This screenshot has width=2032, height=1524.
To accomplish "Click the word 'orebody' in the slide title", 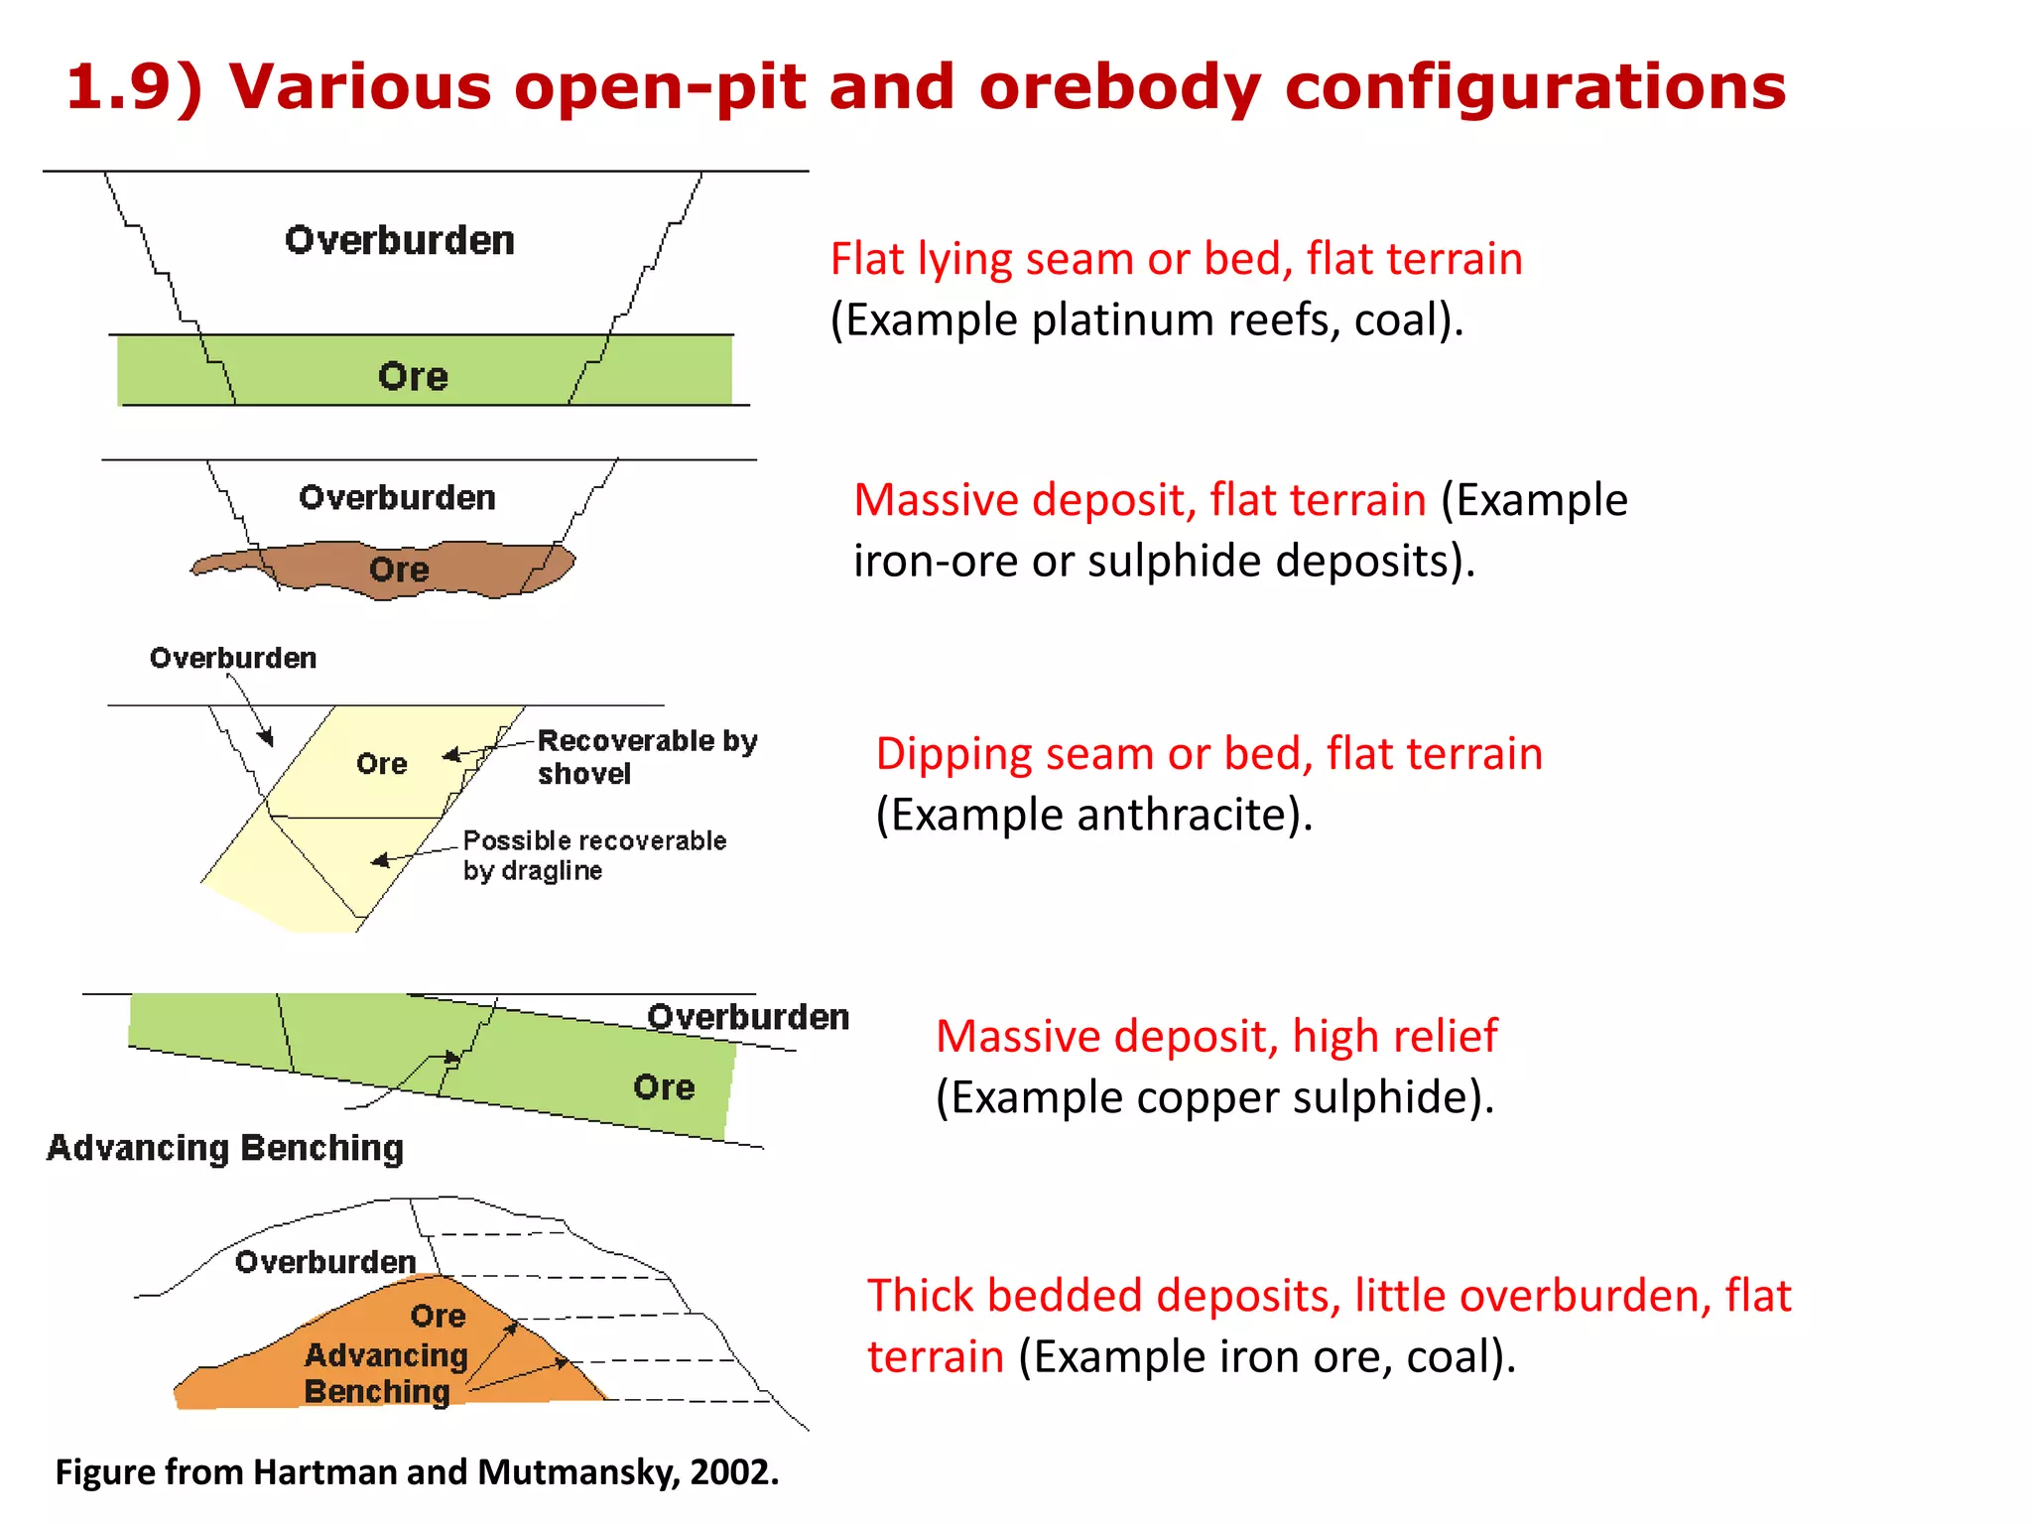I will [1119, 87].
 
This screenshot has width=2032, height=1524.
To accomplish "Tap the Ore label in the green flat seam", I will [413, 377].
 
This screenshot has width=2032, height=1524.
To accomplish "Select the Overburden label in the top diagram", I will [400, 241].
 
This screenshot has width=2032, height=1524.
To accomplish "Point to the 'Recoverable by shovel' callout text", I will [647, 757].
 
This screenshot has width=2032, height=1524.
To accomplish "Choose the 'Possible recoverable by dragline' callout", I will [593, 855].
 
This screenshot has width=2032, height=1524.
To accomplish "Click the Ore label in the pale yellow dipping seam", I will [382, 764].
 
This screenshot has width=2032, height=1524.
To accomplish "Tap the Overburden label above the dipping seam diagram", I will [233, 658].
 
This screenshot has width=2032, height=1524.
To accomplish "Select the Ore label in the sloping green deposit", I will [664, 1087].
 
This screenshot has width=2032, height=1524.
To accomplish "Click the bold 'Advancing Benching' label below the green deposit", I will [225, 1148].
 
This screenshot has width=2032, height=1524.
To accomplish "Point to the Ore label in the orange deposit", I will [438, 1316].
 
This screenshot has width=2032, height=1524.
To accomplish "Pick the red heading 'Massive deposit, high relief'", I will [1216, 1037].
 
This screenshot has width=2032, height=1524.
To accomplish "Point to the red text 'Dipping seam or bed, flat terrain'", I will [1208, 754].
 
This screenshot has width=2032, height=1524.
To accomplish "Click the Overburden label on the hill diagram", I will [325, 1262].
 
